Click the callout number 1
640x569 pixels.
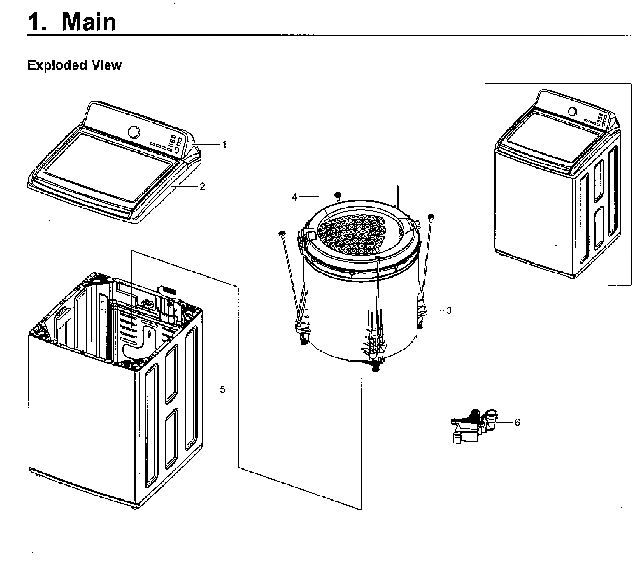click(x=224, y=145)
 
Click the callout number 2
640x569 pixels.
click(x=203, y=186)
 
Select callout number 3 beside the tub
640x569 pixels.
click(x=448, y=310)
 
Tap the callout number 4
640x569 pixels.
click(x=295, y=197)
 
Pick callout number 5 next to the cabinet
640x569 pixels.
click(x=222, y=389)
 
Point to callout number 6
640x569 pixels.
click(x=517, y=422)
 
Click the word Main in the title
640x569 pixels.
click(x=89, y=22)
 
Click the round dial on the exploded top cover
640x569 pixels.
click(x=134, y=132)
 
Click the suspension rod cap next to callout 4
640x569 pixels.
click(x=338, y=195)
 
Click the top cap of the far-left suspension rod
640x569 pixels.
click(x=281, y=233)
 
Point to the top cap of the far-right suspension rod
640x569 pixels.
click(x=430, y=217)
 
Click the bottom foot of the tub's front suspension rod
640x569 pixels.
click(x=376, y=367)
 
